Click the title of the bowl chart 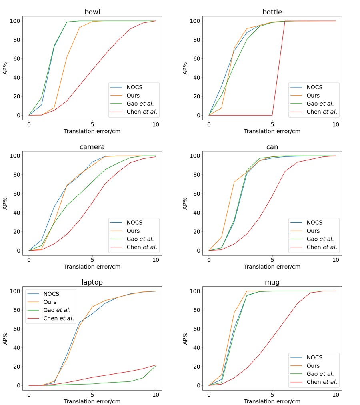pyautogui.click(x=92, y=12)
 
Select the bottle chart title pyautogui.click(x=272, y=12)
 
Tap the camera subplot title pyautogui.click(x=92, y=147)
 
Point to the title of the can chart pyautogui.click(x=272, y=147)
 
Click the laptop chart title pyautogui.click(x=92, y=282)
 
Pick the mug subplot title pyautogui.click(x=272, y=282)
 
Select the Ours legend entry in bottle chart pyautogui.click(x=313, y=96)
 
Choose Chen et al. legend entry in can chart pyautogui.click(x=322, y=247)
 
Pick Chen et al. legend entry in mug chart pyautogui.click(x=322, y=382)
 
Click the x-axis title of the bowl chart pyautogui.click(x=92, y=131)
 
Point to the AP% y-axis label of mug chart pyautogui.click(x=185, y=338)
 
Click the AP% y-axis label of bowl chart pyautogui.click(x=6, y=68)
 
